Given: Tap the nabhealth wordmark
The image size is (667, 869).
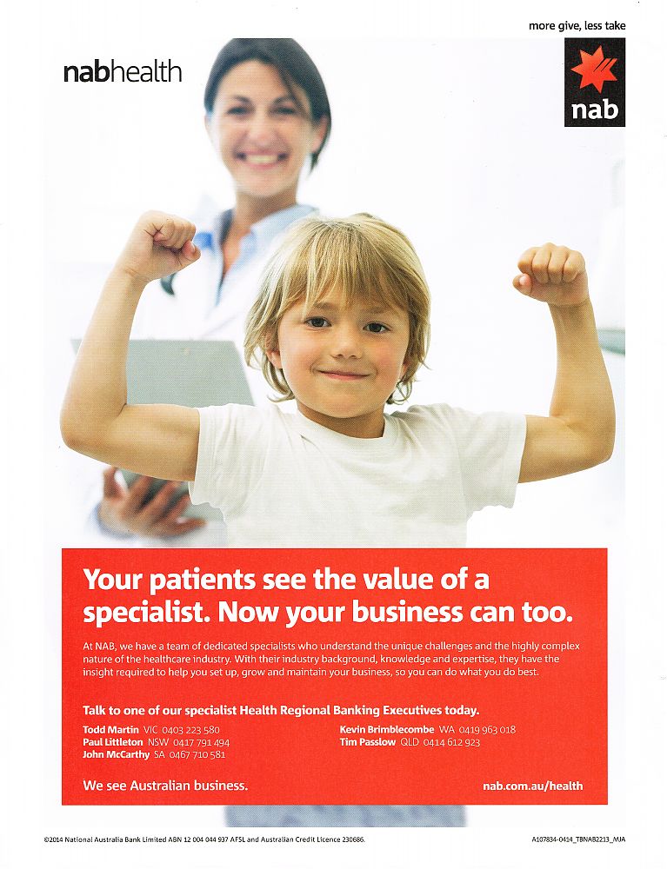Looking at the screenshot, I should click(123, 72).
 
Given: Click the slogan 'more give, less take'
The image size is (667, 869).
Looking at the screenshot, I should click(577, 25).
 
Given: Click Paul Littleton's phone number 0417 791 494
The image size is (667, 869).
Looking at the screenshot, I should click(199, 743).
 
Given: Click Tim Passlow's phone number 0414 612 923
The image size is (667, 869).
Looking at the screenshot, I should click(451, 743).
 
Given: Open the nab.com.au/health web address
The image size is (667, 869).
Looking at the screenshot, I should click(532, 786).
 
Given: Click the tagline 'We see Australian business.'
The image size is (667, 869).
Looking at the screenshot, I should click(165, 786).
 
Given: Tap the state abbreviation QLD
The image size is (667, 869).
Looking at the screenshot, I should click(410, 743).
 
